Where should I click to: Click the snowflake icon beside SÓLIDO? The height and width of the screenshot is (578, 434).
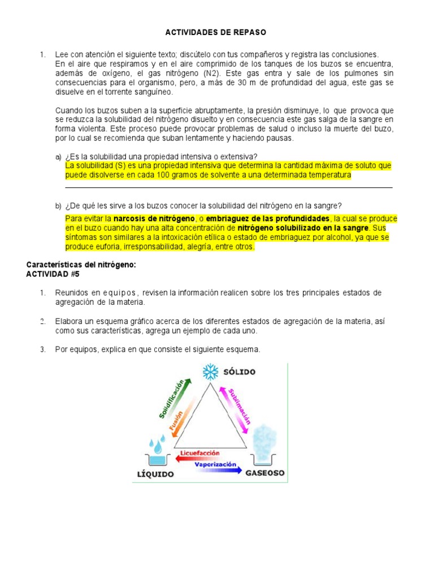click(211, 372)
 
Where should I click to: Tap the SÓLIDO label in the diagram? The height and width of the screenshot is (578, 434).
click(239, 372)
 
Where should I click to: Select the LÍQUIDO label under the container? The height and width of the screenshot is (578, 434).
click(155, 474)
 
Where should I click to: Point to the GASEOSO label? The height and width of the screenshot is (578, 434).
click(264, 472)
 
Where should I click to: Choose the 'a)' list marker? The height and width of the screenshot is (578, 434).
click(58, 156)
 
